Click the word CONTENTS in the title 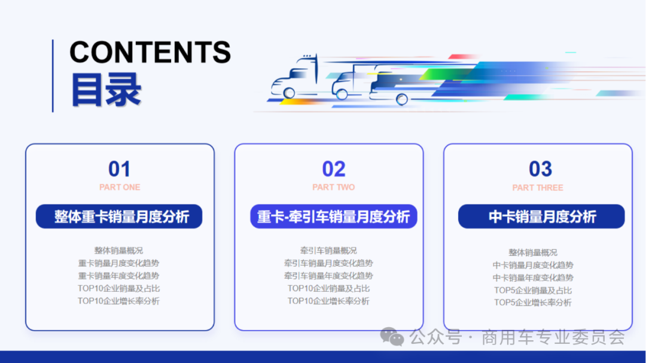(x=150, y=53)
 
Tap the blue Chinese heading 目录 (x=106, y=90)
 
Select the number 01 (x=119, y=169)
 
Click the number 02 (x=334, y=169)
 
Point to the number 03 (x=540, y=169)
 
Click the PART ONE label (x=120, y=187)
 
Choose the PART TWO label (x=334, y=187)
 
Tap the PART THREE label (x=538, y=188)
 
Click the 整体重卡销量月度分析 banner (x=119, y=216)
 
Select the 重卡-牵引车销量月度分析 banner (x=334, y=216)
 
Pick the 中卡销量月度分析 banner (x=541, y=216)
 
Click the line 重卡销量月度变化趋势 (x=118, y=263)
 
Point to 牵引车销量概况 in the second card (x=328, y=251)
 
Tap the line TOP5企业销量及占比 (x=532, y=291)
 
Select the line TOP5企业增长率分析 (x=532, y=303)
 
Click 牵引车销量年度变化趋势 (x=328, y=276)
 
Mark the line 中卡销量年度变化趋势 (x=532, y=278)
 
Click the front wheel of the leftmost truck (x=290, y=93)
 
